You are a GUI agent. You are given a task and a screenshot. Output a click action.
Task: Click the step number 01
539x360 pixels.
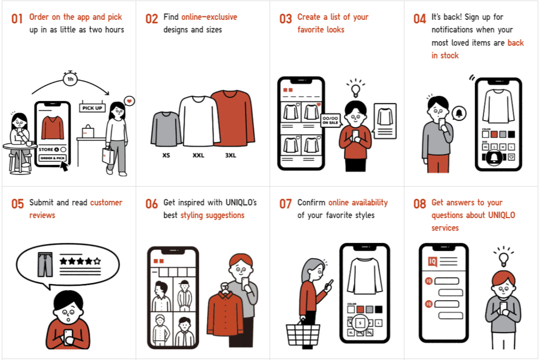pyautogui.click(x=17, y=19)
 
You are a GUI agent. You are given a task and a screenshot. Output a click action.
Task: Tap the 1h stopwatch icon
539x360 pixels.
pyautogui.click(x=70, y=79)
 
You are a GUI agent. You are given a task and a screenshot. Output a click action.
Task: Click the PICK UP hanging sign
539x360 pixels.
pyautogui.click(x=92, y=108)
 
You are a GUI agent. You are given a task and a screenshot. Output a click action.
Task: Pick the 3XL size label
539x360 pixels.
pyautogui.click(x=231, y=155)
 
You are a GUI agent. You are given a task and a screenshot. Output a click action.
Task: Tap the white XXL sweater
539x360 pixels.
pyautogui.click(x=199, y=121)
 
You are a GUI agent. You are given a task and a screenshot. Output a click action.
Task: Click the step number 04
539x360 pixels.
pyautogui.click(x=419, y=19)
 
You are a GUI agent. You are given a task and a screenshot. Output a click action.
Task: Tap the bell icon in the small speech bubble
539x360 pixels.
pyautogui.click(x=460, y=113)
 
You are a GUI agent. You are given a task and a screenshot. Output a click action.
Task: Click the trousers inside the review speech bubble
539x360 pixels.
pyautogui.click(x=45, y=264)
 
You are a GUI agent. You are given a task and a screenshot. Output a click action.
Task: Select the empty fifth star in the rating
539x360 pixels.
pyautogui.click(x=97, y=262)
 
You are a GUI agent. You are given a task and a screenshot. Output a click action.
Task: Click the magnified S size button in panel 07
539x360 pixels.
pyautogui.click(x=360, y=322)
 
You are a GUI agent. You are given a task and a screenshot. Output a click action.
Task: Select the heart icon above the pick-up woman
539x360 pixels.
pyautogui.click(x=130, y=101)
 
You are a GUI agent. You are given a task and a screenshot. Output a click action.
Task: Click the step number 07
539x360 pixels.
pyautogui.click(x=285, y=204)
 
